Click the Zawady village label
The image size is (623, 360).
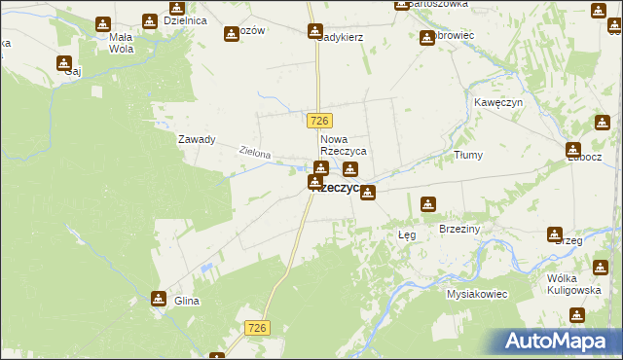point(196,139)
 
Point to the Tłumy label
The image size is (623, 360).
point(468,155)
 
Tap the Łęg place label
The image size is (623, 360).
point(407,234)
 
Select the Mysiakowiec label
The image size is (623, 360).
point(477,293)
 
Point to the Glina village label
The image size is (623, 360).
point(186,301)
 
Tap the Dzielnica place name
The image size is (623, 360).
point(185,19)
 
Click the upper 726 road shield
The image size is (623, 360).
point(320,120)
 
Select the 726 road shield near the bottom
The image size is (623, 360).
point(256,330)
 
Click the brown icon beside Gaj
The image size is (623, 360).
point(64,64)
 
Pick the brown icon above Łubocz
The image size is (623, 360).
point(574,150)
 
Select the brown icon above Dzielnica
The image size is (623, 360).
point(149,20)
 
